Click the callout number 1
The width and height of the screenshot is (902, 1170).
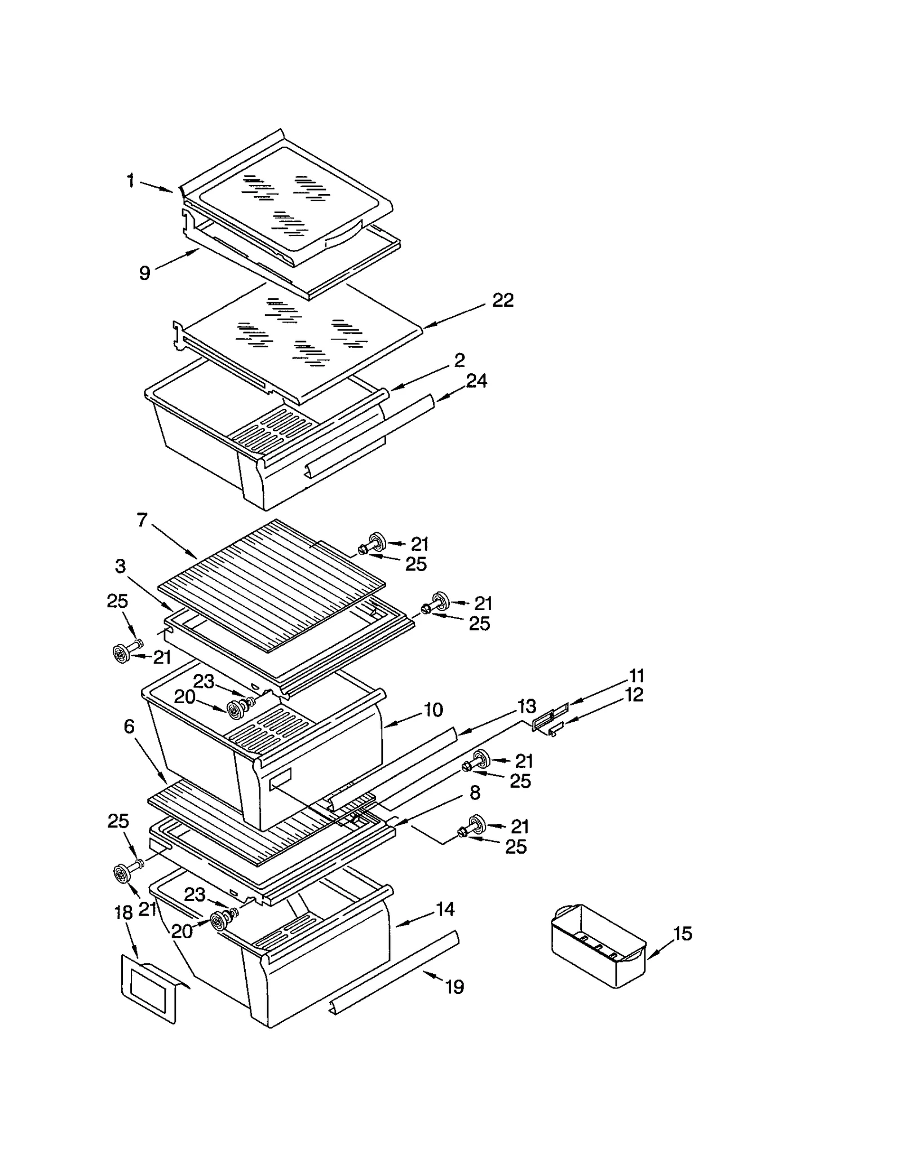(131, 181)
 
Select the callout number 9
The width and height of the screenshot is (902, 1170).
(145, 273)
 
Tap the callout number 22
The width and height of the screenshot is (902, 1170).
(503, 301)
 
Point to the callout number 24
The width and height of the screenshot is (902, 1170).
(476, 381)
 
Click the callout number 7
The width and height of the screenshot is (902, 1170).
(143, 519)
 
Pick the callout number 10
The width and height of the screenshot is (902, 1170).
(433, 709)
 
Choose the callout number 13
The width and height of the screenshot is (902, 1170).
(527, 706)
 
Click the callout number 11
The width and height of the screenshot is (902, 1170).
(636, 675)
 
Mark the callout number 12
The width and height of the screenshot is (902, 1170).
(634, 695)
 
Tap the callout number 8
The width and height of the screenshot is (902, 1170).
(475, 793)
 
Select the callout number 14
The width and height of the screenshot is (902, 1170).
(445, 909)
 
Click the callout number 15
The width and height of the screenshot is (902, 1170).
(682, 934)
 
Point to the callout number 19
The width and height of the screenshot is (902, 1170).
(454, 987)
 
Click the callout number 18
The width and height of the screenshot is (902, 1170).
(123, 912)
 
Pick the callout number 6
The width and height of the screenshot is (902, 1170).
(129, 727)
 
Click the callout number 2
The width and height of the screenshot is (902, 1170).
(459, 360)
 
